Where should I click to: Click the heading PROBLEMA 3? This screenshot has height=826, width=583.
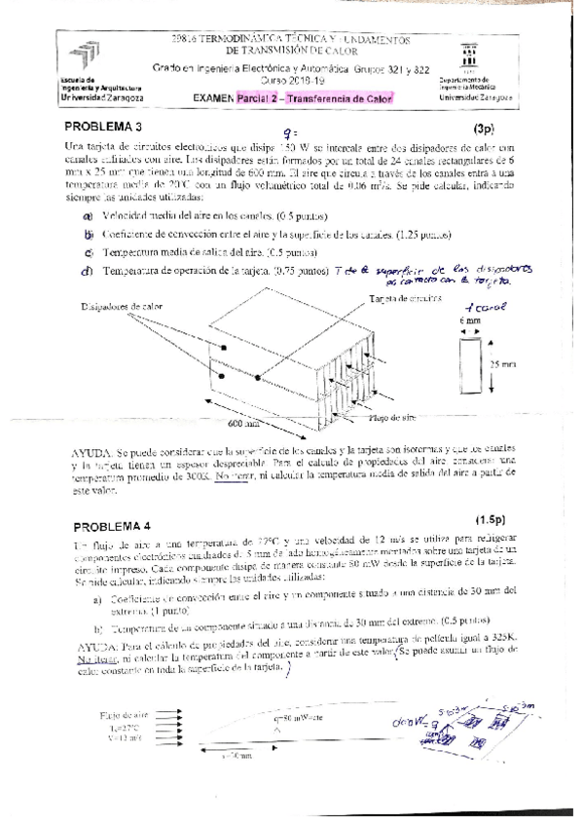103,127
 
